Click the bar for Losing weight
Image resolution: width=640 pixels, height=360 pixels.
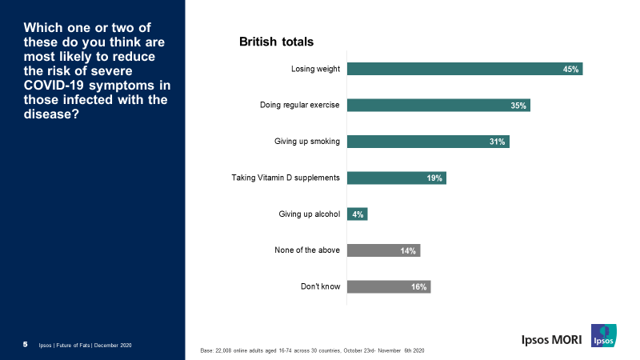(x=465, y=69)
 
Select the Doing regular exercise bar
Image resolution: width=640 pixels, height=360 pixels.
(x=438, y=106)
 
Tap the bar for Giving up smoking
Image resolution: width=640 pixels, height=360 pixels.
(x=428, y=142)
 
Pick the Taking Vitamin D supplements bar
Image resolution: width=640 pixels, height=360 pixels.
(x=396, y=178)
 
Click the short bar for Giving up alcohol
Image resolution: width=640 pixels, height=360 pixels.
(x=357, y=214)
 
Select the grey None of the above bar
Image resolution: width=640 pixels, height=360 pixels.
(x=383, y=250)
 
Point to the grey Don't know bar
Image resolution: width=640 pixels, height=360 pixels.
(x=389, y=286)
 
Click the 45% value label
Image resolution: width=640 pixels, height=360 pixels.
(x=570, y=70)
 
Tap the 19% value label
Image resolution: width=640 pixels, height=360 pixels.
(x=434, y=178)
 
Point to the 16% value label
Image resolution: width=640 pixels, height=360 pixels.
(x=419, y=287)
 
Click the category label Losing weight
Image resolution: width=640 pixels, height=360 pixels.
(x=315, y=69)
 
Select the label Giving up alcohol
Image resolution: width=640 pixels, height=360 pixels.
(x=309, y=214)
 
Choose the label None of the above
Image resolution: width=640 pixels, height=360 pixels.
(x=307, y=250)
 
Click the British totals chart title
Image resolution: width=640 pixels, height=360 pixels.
(x=276, y=41)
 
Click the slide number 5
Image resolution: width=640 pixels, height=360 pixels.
(x=25, y=344)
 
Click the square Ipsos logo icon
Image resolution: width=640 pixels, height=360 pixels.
(x=604, y=335)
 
